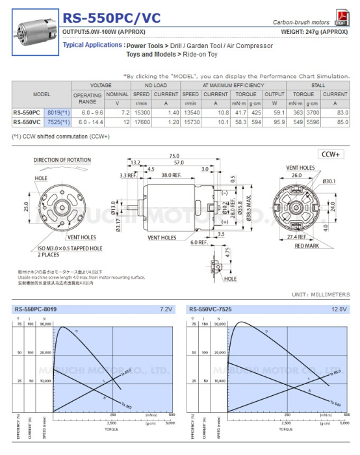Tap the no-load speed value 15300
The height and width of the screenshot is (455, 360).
click(x=142, y=112)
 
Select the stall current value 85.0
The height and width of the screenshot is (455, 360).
click(x=339, y=122)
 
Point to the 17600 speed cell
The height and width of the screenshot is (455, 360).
click(x=142, y=122)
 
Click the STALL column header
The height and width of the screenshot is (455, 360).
click(x=319, y=85)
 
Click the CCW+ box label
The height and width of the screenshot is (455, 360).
click(x=331, y=155)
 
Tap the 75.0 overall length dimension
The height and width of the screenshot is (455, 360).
click(x=174, y=156)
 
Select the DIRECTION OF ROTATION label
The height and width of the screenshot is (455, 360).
click(x=62, y=160)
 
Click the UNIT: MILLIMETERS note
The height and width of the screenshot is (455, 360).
click(x=321, y=294)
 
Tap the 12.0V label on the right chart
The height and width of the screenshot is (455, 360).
click(x=337, y=309)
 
